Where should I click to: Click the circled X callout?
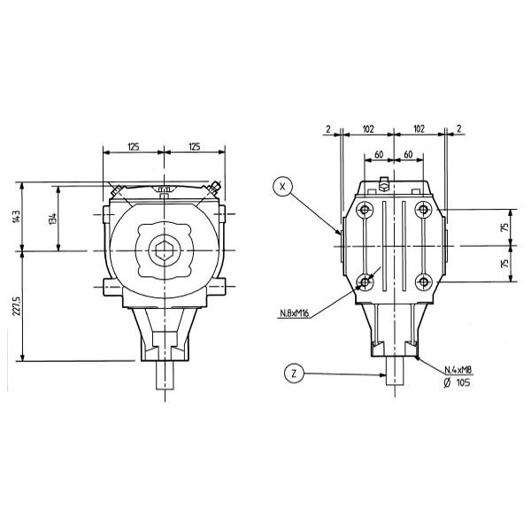click(x=282, y=186)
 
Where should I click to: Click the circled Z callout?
click(x=294, y=373)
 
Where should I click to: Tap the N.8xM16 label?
click(x=295, y=313)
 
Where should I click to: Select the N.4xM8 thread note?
click(x=458, y=370)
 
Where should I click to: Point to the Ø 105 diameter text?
click(x=457, y=382)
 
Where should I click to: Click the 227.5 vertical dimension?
click(x=17, y=306)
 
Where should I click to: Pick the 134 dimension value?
click(x=52, y=219)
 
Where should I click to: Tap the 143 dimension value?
click(x=17, y=217)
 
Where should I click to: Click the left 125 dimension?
click(x=133, y=147)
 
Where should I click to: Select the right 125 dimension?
click(x=195, y=147)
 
